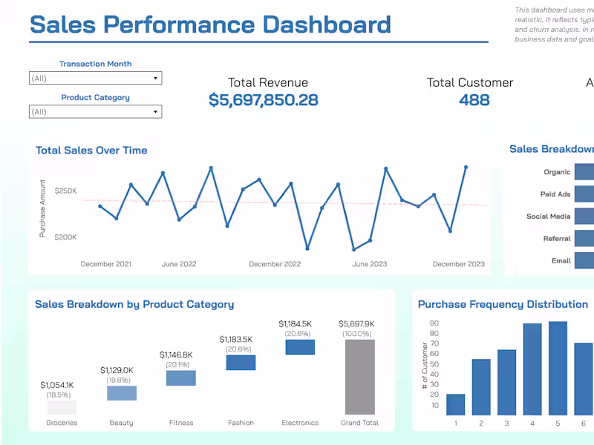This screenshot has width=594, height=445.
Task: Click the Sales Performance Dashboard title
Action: (210, 24)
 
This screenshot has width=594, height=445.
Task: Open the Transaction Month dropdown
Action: (95, 78)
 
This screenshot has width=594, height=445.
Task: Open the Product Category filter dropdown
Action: (95, 112)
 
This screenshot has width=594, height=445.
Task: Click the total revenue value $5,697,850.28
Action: (263, 100)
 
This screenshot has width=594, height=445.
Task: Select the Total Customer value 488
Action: (474, 100)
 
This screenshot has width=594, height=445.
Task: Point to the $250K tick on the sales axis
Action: (65, 191)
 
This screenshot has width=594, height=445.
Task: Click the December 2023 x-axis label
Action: (458, 264)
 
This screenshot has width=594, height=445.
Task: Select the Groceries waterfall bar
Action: (62, 407)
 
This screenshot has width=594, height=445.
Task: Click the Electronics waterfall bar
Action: (300, 347)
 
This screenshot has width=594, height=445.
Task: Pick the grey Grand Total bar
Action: (359, 377)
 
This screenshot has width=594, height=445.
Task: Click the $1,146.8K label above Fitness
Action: (180, 355)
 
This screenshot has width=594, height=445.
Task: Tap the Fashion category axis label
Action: (241, 423)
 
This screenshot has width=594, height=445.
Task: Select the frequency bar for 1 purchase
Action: (456, 404)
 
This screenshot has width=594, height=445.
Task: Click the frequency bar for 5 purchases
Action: (558, 368)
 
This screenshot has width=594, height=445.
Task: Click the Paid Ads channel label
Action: (555, 194)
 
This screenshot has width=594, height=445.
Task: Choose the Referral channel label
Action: (557, 239)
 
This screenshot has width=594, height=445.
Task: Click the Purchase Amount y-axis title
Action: (43, 208)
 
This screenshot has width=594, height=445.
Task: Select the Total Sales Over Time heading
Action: (91, 151)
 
